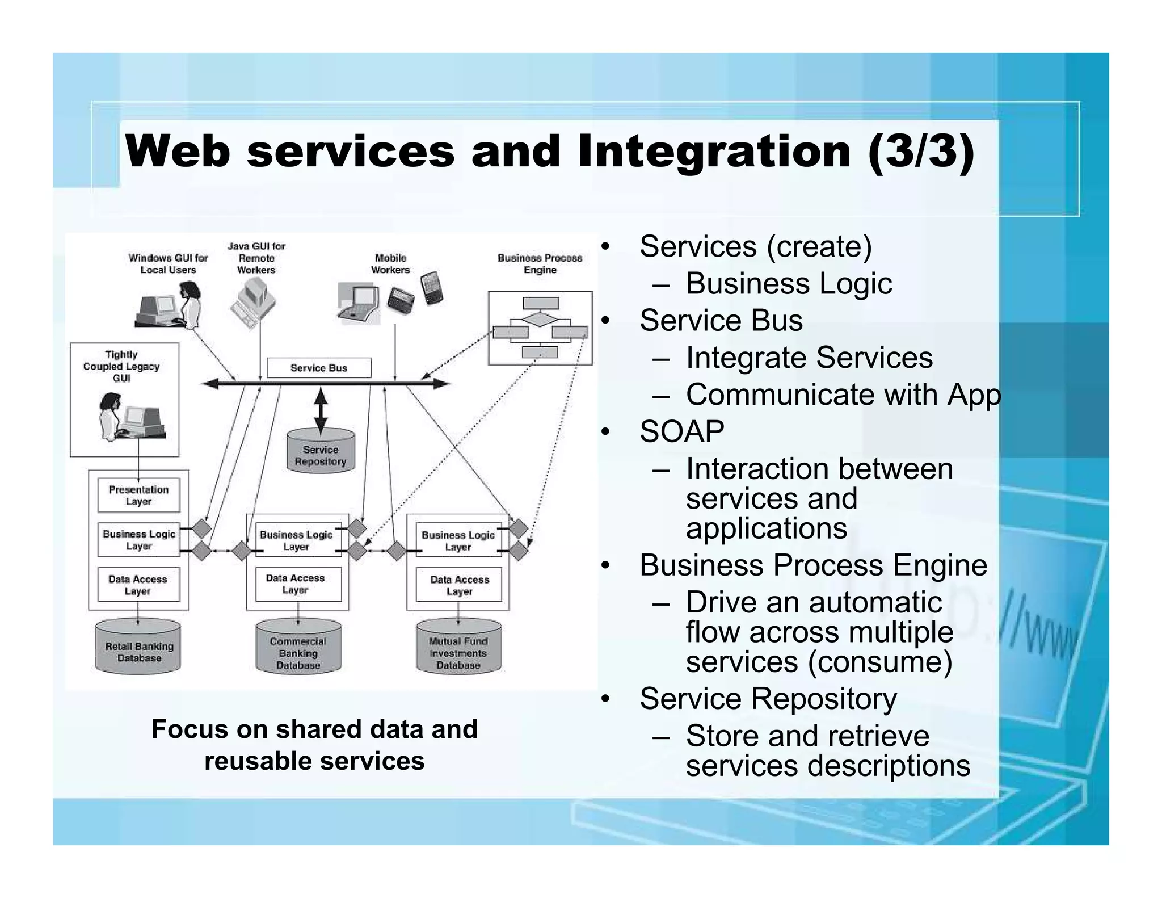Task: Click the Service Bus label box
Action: tap(319, 368)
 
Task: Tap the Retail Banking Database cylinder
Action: tap(138, 648)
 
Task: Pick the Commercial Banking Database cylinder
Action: tap(298, 648)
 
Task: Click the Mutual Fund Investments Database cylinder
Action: tap(458, 648)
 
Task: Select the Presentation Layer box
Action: tap(138, 496)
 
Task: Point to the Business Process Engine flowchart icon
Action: tap(540, 328)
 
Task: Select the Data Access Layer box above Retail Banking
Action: tap(138, 585)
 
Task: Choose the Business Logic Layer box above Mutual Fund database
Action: tap(458, 540)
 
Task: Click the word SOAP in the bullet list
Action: tap(681, 432)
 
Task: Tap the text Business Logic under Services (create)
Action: tap(789, 283)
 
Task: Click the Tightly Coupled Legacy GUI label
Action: tap(121, 366)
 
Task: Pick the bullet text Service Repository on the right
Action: tap(768, 699)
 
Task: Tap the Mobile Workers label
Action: tap(390, 264)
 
